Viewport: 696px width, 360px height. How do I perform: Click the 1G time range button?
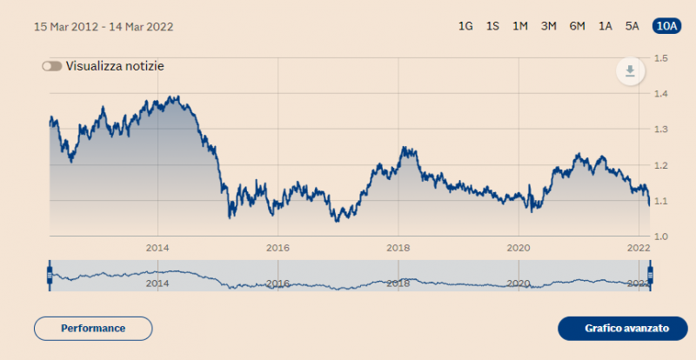point(465,26)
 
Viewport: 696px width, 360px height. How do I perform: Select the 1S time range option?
point(492,26)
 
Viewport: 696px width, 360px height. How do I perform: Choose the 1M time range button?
point(520,26)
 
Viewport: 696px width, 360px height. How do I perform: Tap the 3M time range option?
point(548,26)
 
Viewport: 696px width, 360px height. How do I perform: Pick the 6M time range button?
point(577,26)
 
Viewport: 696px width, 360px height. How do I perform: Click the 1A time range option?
point(605,26)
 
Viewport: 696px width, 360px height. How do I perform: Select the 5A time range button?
point(632,26)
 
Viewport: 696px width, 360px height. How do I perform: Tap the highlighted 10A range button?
point(666,26)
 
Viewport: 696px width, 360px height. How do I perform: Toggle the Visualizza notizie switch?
point(51,66)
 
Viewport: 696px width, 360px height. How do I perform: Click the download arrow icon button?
point(630,70)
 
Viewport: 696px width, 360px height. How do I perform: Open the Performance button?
point(93,329)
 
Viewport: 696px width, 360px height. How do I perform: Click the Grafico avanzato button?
point(626,329)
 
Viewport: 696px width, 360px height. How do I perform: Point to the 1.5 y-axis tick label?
point(660,58)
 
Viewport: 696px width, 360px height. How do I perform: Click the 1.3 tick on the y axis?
point(660,130)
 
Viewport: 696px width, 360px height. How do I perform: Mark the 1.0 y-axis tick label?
point(660,237)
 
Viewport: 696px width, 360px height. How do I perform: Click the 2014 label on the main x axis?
point(157,248)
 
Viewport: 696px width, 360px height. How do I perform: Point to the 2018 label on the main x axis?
point(398,248)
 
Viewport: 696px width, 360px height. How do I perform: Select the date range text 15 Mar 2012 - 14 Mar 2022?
point(104,26)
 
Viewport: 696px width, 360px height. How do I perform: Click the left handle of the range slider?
point(50,276)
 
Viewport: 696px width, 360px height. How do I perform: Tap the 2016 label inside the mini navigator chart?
point(277,283)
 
